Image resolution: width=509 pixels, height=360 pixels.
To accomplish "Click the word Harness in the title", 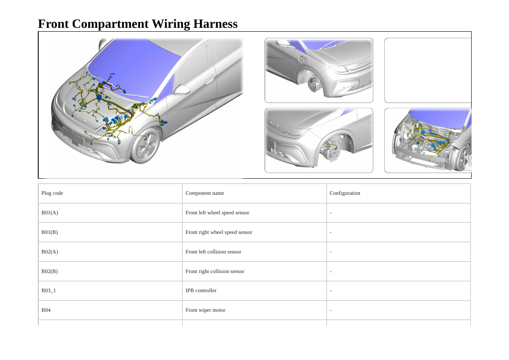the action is coord(215,24).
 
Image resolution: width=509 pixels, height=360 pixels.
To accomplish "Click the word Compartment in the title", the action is coord(110,24).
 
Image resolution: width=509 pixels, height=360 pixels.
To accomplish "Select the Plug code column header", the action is coord(52,193).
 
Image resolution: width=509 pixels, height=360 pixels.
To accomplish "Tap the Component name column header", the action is coord(205,193).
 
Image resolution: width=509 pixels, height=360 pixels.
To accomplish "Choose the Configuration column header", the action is coord(345,193).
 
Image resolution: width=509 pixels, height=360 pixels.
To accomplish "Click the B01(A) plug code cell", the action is coord(50,213).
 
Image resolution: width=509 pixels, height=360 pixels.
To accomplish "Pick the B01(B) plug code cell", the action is coord(50,232).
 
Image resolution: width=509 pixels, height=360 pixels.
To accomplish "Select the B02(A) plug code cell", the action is coord(50,252).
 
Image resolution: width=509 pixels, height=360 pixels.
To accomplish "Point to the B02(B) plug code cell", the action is coord(50,271).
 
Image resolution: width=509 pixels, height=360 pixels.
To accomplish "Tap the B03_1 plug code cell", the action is coord(49,290).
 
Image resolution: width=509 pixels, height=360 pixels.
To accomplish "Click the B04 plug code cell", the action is coord(46,310).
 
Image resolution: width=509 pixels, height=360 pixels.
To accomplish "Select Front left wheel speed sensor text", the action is coord(217,213).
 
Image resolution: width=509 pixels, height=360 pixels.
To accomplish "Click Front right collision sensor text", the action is coord(215,271).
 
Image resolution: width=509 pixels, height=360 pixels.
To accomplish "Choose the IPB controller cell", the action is coord(201,290).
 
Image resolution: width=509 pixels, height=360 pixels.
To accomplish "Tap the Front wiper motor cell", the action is coord(206,310).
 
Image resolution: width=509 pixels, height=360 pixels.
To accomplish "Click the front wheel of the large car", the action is coord(145,146).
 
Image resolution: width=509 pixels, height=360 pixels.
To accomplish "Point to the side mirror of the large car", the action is coord(181,90).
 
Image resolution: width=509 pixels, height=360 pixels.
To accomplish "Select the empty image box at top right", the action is coord(428,70).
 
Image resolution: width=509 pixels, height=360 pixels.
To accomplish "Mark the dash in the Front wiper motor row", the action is coord(330,310).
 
